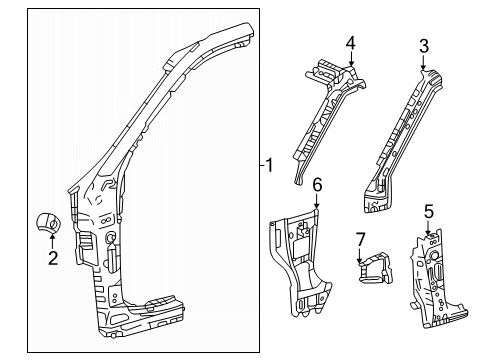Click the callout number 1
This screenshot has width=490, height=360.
tap(269, 165)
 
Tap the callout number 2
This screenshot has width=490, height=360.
tap(53, 258)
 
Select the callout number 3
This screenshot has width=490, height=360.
tap(424, 46)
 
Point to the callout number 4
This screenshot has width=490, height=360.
tap(351, 43)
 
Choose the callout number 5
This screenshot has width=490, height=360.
tap(429, 212)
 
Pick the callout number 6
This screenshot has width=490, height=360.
tap(317, 185)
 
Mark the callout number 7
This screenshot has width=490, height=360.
tap(360, 240)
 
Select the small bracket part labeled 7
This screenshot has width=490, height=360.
tap(375, 268)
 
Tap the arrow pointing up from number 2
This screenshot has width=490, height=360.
tap(52, 241)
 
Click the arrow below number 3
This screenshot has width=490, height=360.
tap(423, 63)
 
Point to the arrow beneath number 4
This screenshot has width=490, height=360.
tap(351, 59)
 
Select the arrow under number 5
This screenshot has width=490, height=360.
tap(428, 229)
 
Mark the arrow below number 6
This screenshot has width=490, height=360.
tap(317, 202)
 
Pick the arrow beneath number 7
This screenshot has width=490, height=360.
tap(360, 257)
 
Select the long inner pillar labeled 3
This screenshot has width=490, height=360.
tap(402, 140)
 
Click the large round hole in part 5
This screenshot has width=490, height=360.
tap(434, 255)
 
